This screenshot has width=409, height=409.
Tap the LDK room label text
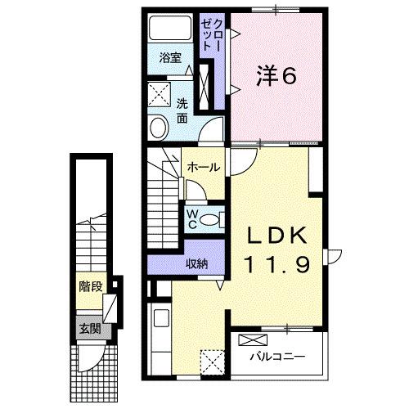point(277,236)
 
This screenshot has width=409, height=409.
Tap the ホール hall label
point(203,167)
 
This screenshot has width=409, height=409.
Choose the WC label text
point(191,218)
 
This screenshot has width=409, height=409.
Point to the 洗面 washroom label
point(182,110)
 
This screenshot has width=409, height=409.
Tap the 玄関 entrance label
point(89,329)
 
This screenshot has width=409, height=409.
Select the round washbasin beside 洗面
point(159,127)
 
